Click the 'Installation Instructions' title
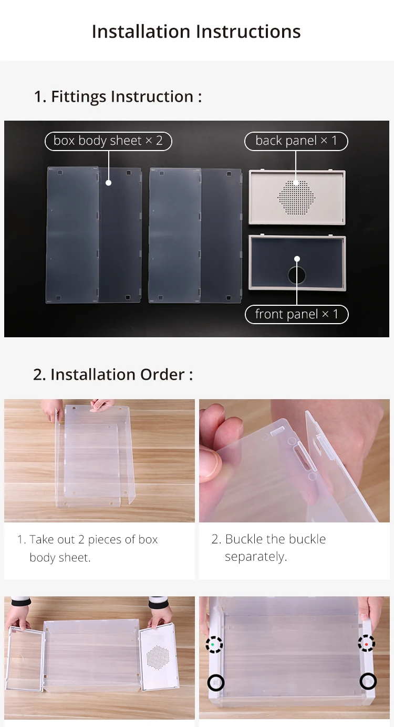pyautogui.click(x=196, y=31)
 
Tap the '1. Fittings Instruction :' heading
pyautogui.click(x=118, y=97)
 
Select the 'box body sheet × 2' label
pyautogui.click(x=108, y=141)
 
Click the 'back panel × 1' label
pyautogui.click(x=296, y=141)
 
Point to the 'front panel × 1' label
pyautogui.click(x=296, y=314)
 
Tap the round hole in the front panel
pyautogui.click(x=297, y=275)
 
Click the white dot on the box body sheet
pyautogui.click(x=109, y=183)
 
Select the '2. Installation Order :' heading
pyautogui.click(x=113, y=375)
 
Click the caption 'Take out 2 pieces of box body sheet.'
pyautogui.click(x=88, y=548)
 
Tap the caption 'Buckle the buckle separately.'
pyautogui.click(x=269, y=548)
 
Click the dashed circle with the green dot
pyautogui.click(x=214, y=644)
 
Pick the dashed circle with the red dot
pyautogui.click(x=366, y=643)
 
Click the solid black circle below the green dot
pyautogui.click(x=216, y=682)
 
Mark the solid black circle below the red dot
pyautogui.click(x=368, y=681)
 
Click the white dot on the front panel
pyautogui.click(x=297, y=259)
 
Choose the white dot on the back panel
pyautogui.click(x=296, y=183)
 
